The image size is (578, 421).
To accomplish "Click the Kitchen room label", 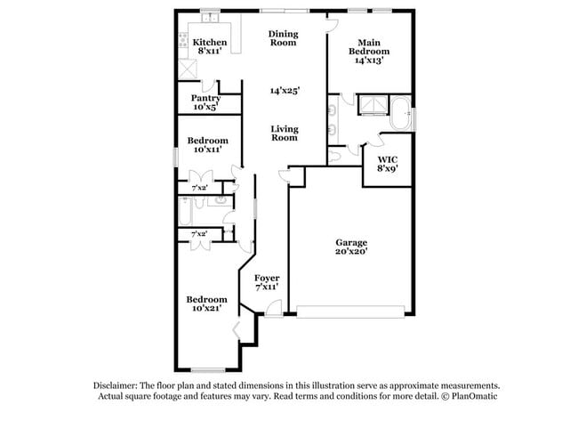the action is click(210, 42).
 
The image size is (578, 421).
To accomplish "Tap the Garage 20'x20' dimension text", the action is click(351, 252).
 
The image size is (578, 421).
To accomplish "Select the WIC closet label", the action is click(388, 159).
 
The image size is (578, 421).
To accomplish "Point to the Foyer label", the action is click(267, 278).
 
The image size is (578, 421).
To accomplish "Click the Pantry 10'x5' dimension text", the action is click(205, 107).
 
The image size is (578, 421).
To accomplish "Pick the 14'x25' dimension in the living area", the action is click(285, 91).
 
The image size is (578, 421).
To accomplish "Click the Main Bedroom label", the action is click(369, 47).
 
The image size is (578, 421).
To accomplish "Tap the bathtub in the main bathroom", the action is click(400, 113).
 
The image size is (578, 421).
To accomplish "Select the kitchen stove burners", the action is click(183, 40).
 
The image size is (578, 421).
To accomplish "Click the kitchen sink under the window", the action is click(210, 17).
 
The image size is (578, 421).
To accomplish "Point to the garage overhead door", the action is click(350, 312).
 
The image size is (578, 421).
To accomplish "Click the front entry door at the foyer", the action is click(274, 308).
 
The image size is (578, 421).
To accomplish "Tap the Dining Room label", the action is click(283, 38).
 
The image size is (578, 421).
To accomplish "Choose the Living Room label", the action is click(285, 134).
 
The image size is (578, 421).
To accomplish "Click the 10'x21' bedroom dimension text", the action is click(206, 308).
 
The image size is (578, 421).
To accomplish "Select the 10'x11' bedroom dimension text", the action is click(207, 150).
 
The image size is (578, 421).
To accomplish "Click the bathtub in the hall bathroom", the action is click(185, 212).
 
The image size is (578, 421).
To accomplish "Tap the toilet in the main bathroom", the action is click(333, 156).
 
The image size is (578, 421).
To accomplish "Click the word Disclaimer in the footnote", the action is click(116, 385).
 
